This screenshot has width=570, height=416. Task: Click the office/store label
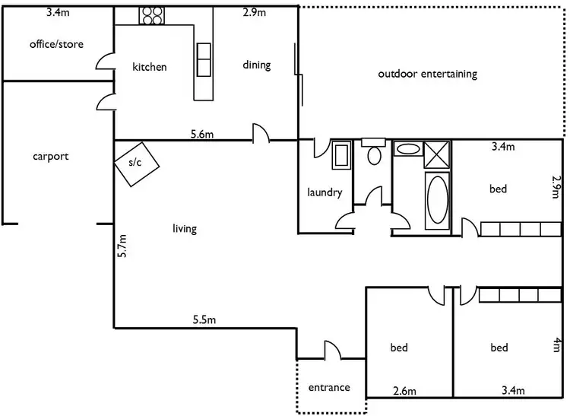56,44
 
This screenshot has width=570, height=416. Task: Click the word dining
257,65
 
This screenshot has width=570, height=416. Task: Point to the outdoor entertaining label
427,74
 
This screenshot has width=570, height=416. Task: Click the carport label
51,157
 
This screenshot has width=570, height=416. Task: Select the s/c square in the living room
137,162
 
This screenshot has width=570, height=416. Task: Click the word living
185,228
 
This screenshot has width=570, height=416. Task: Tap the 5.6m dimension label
201,135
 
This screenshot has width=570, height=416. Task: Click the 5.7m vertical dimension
122,248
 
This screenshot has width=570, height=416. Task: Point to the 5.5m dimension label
204,321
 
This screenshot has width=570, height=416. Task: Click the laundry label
325,192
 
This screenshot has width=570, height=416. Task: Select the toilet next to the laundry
373,155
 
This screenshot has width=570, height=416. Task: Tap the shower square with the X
436,155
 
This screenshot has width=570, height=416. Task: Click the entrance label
329,387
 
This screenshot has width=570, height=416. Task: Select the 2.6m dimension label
404,391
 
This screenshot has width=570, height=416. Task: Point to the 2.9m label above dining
255,13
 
